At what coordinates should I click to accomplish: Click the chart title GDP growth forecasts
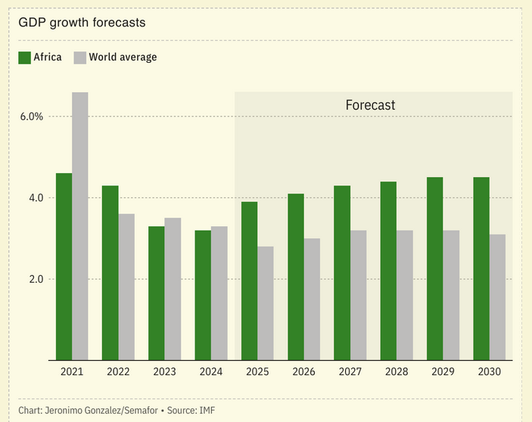(82, 22)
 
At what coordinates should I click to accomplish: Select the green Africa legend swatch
(23, 57)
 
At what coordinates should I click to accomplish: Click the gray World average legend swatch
(79, 57)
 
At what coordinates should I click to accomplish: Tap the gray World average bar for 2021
(80, 226)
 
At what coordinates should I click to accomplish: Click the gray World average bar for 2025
(266, 303)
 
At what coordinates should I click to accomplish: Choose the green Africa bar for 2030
(481, 268)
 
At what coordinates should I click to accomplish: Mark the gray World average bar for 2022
(126, 287)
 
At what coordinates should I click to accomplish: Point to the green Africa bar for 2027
(342, 272)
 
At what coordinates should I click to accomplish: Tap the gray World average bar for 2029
(451, 295)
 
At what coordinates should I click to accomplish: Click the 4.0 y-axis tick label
(35, 198)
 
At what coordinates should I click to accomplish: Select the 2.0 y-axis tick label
(35, 279)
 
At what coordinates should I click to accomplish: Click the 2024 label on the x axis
(211, 372)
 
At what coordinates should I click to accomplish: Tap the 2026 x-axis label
(303, 372)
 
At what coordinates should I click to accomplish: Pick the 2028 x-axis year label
(397, 372)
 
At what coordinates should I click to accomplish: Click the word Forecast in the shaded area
(370, 105)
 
